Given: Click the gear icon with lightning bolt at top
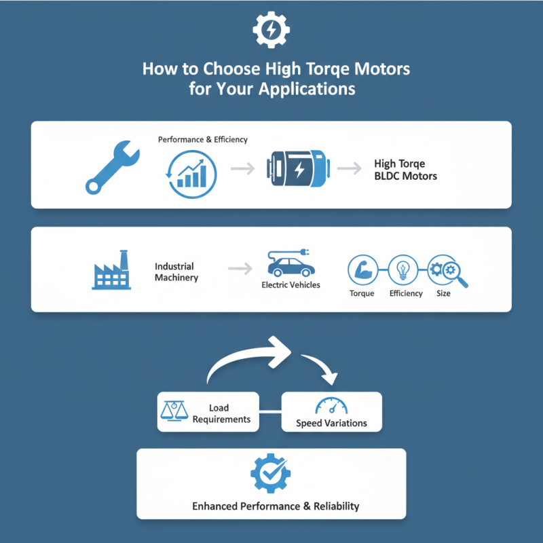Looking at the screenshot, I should [x=271, y=29].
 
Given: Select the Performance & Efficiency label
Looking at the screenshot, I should [x=202, y=139].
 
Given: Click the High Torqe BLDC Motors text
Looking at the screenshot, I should [x=405, y=170].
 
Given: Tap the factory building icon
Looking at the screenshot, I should [x=112, y=270].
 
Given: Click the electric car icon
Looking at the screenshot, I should [x=291, y=263].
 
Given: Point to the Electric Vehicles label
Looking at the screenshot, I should [x=291, y=286].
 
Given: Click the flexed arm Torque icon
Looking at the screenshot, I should [x=361, y=270].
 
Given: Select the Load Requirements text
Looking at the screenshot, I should [x=221, y=413].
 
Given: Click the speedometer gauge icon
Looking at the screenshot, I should [x=331, y=405].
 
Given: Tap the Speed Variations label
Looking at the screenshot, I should [x=331, y=423].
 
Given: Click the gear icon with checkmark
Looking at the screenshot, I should [x=271, y=473].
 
